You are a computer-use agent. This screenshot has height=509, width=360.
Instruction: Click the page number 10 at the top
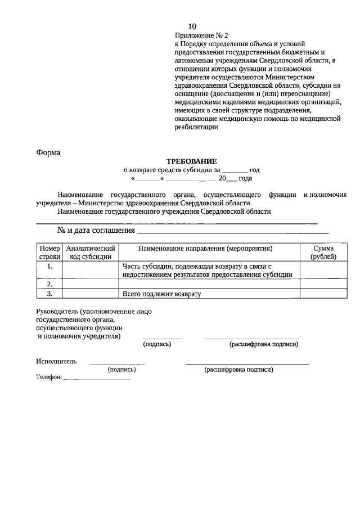pos(192,26)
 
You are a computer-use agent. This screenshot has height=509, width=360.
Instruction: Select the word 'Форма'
pos(48,152)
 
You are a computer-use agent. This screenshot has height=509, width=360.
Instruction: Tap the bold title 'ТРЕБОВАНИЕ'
pos(191,161)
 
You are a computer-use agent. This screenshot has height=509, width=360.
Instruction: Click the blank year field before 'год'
pos(235,169)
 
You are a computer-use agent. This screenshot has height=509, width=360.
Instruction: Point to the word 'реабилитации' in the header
pos(196,127)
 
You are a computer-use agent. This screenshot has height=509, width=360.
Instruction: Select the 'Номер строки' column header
pos(49,252)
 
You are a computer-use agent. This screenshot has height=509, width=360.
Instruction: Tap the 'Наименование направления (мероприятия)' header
pos(209,248)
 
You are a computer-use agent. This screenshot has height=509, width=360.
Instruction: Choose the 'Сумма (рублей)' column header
pos(323,252)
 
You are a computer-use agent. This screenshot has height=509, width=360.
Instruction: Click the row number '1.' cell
pos(49,266)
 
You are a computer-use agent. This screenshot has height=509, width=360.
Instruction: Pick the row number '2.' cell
pos(49,284)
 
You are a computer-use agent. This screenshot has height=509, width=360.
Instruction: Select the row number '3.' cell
pos(49,294)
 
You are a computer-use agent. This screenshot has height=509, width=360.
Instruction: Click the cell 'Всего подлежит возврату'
pos(161,294)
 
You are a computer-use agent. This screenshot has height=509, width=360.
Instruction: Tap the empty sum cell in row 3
pos(323,294)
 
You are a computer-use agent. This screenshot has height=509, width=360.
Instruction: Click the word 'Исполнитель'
pos(56,361)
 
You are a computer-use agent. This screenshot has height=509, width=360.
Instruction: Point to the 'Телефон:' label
pos(49,377)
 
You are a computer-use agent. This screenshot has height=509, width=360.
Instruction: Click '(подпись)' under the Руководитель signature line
pos(157,344)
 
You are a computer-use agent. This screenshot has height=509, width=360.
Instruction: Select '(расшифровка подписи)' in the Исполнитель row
pos(238,370)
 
